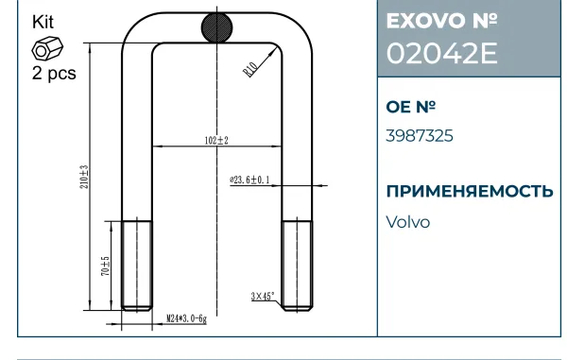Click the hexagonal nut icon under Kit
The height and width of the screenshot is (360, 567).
click(x=47, y=49)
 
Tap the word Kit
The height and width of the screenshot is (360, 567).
click(x=43, y=22)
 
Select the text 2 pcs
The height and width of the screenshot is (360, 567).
click(x=54, y=73)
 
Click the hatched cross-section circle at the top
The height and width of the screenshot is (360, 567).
click(x=217, y=27)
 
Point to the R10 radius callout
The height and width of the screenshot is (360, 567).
click(x=250, y=69)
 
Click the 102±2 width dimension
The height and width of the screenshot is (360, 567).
click(x=216, y=140)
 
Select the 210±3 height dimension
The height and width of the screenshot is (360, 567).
click(x=84, y=177)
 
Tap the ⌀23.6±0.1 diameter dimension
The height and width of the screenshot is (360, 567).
click(x=249, y=180)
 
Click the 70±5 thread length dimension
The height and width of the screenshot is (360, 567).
click(x=105, y=266)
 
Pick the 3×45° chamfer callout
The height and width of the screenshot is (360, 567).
click(x=263, y=297)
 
